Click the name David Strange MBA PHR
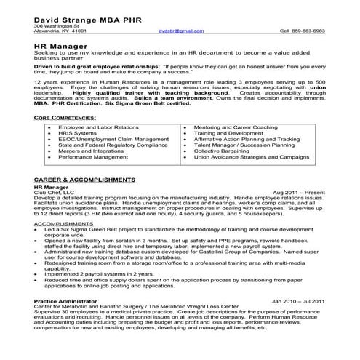(x=80, y=16)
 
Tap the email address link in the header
(x=178, y=33)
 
